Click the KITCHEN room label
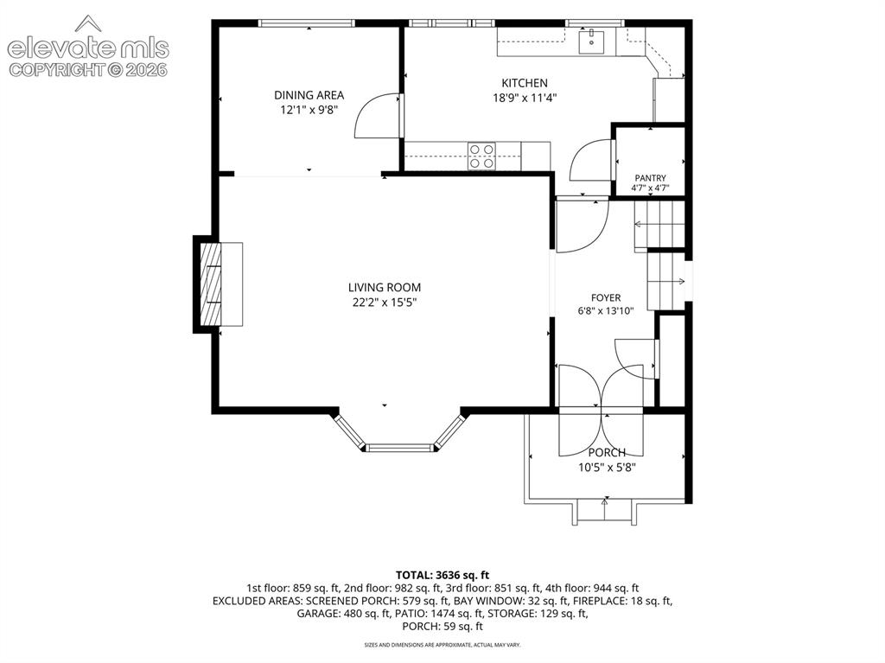pos(525,83)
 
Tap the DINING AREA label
pos(309,95)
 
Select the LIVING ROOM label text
pos(385,288)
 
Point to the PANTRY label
pos(650,178)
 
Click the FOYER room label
pos(606,297)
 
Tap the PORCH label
pos(607,452)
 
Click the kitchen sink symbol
pos(591,41)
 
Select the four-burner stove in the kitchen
pos(481,156)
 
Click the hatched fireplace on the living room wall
pos(211,284)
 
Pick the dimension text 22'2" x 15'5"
pos(385,303)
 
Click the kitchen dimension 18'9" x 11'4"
pos(525,98)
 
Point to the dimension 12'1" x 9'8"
pos(309,110)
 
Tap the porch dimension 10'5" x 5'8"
pos(607,467)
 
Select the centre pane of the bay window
pos(400,449)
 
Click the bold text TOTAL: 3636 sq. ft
pos(442,576)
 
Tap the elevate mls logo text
pos(89,48)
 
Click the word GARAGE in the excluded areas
pos(318,614)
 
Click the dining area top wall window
pos(307,23)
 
